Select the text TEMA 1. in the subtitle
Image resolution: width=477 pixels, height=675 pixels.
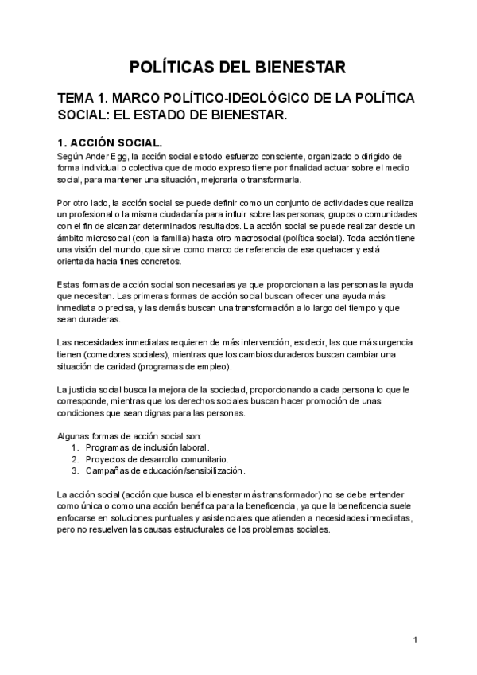82,99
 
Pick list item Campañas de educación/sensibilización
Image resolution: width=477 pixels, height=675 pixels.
165,470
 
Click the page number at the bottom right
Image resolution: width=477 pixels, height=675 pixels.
415,639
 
